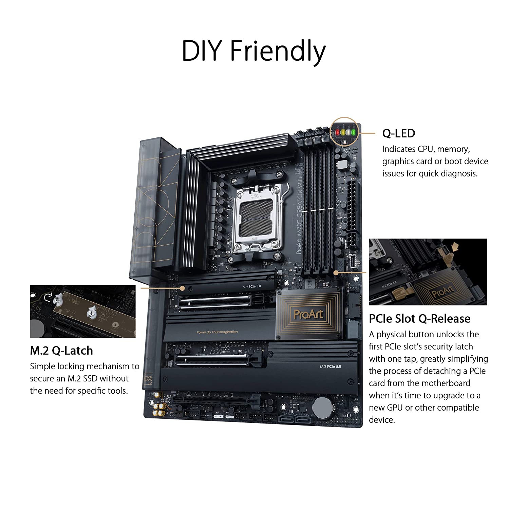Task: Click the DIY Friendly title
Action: (253, 51)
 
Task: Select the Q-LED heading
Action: (398, 133)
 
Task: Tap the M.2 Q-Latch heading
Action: (61, 351)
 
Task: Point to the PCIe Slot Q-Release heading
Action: (420, 319)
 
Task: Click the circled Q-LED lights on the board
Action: (344, 132)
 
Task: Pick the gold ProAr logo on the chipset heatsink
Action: (308, 314)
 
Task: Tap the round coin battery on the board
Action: (322, 408)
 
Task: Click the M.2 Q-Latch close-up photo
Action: (83, 311)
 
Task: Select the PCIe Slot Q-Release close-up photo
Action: (428, 272)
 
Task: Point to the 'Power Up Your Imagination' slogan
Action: (217, 332)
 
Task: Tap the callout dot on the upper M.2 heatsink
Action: (182, 288)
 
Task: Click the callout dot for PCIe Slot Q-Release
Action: (336, 272)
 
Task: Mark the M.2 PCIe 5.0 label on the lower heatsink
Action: (330, 366)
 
